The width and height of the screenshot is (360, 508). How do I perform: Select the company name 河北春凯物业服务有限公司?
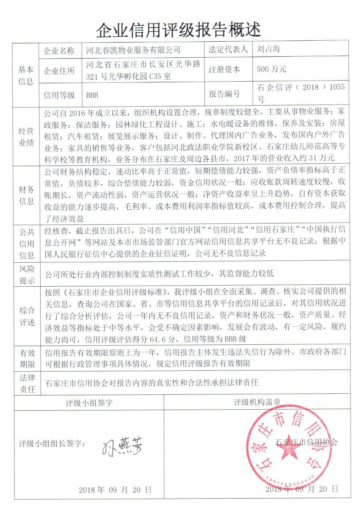133,50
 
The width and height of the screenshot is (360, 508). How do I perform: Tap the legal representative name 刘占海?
269,49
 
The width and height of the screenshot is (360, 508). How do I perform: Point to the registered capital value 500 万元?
272,69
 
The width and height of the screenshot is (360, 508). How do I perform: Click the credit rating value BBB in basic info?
92,95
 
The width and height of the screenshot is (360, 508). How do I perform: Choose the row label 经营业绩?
26,137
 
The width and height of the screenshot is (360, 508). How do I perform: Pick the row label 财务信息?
26,195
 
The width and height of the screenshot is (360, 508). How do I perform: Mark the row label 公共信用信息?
26,243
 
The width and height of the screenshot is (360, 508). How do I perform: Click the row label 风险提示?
26,275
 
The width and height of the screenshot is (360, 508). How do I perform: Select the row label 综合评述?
27,316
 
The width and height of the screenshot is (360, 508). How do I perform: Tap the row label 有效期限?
27,358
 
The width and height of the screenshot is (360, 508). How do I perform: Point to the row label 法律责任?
27,384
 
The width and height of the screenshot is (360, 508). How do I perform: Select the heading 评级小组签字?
89,403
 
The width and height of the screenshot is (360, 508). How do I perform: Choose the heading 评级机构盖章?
257,402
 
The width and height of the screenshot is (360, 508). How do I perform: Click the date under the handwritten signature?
115,490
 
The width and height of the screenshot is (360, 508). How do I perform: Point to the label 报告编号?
224,94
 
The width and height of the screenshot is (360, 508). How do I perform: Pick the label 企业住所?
59,71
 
